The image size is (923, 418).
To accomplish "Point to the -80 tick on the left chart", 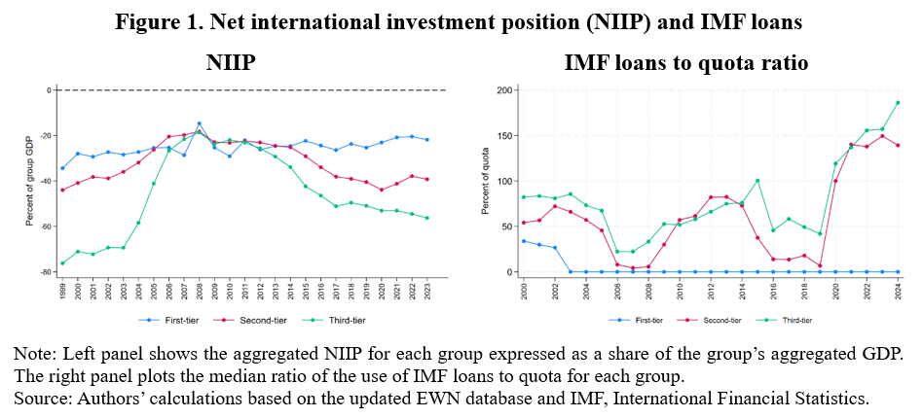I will coord(46,272).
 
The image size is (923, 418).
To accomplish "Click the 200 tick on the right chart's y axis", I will coord(502,90).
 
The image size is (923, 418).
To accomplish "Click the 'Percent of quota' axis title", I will coord(487,181).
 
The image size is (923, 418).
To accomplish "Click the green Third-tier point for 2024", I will coord(898,103).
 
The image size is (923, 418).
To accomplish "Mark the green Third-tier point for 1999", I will coord(62,262).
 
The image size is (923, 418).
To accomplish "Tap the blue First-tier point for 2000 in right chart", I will coord(523,241).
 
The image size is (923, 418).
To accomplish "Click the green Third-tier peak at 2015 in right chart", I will coord(757,181).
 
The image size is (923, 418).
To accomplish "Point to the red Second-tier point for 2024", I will coord(898,146).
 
